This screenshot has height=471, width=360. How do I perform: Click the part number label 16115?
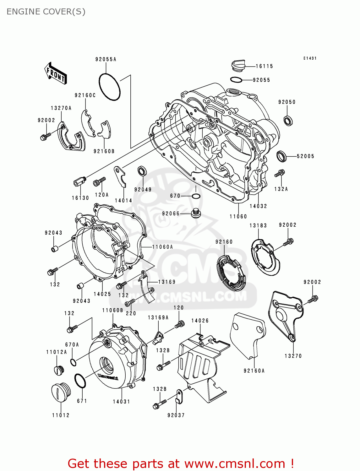tap(264, 66)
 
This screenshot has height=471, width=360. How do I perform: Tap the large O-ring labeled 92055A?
tap(110, 87)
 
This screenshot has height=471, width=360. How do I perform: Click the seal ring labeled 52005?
tap(281, 156)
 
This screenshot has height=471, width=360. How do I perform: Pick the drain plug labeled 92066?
tap(196, 213)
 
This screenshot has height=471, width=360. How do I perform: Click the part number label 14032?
tap(258, 206)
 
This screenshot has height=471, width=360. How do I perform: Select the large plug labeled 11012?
tap(61, 392)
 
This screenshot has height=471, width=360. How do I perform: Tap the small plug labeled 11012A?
tap(59, 370)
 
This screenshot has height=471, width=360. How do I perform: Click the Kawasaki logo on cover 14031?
tap(108, 377)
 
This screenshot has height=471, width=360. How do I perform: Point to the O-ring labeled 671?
tap(80, 381)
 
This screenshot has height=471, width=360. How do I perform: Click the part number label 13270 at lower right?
tap(293, 356)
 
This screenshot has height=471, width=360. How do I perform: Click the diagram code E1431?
tap(310, 58)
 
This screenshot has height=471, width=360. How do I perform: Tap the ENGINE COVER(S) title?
tap(46, 12)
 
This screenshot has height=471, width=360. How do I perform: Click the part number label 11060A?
tap(162, 247)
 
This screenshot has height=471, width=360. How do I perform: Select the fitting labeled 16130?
tap(80, 181)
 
